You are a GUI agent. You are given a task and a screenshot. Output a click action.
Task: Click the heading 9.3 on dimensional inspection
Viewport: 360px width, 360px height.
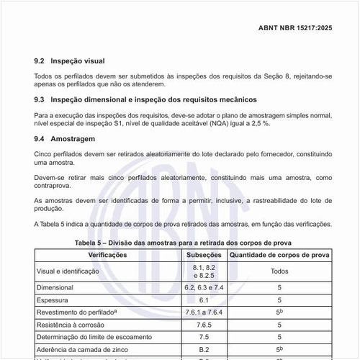146,99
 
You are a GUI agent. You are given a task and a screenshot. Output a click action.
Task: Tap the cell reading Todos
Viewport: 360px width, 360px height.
279,271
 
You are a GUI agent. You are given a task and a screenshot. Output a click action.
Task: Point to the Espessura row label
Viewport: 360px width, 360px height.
53,300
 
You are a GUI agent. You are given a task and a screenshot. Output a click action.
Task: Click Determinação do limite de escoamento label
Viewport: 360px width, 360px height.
94,337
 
